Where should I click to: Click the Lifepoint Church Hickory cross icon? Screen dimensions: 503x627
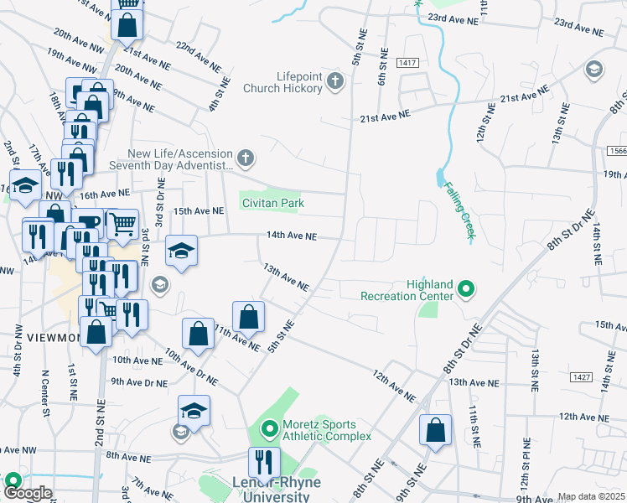(x=335, y=81)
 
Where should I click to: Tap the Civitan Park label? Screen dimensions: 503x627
(x=272, y=203)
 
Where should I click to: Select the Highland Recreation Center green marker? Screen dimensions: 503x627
(x=467, y=291)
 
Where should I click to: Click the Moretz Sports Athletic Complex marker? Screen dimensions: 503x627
(x=269, y=431)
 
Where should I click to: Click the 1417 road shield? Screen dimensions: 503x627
(x=408, y=63)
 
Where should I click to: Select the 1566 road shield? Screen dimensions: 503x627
(x=616, y=149)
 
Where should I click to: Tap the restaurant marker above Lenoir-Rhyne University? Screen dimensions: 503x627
(x=263, y=463)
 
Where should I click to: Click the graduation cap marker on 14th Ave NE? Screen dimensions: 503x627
(x=181, y=251)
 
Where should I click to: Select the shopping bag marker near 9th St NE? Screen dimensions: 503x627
(x=435, y=432)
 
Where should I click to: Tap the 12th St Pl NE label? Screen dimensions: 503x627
(x=526, y=463)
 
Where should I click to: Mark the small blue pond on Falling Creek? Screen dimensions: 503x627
(x=440, y=178)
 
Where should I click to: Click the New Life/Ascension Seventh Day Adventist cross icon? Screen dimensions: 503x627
(x=246, y=158)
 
